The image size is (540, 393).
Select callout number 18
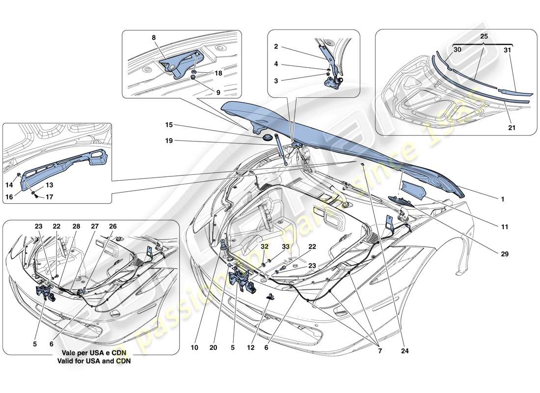(218, 72)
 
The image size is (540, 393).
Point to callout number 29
(505, 254)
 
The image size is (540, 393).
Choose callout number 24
(405, 351)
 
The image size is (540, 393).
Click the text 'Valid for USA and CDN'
(92, 361)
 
